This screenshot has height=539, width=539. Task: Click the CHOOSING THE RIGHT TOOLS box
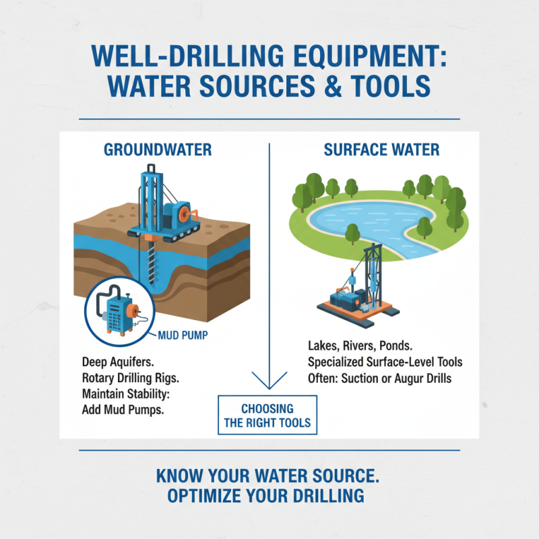pyautogui.click(x=268, y=416)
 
